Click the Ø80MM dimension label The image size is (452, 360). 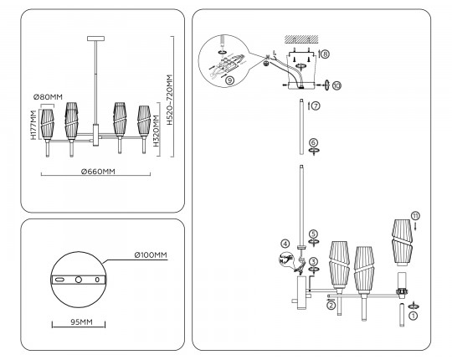tap(48, 97)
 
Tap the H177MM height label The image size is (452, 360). tap(34, 125)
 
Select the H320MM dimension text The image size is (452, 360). tap(157, 131)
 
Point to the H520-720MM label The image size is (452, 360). tap(169, 100)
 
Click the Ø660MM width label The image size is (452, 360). tap(98, 172)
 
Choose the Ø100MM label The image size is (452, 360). tap(151, 255)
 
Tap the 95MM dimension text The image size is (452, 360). tap(81, 322)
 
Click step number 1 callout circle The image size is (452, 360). tap(413, 316)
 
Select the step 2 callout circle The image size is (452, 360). tap(331, 306)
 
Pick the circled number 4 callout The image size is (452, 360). tap(285, 244)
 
